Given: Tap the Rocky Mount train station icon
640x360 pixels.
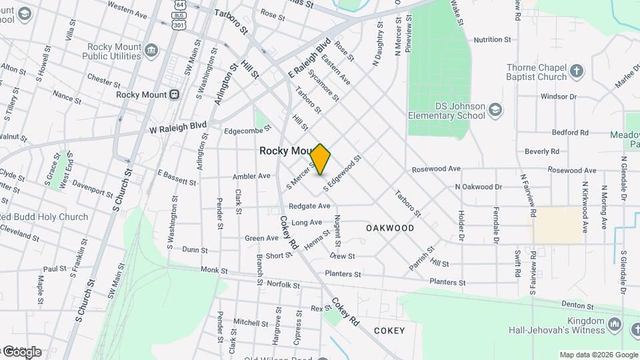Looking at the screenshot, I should pyautogui.click(x=175, y=95).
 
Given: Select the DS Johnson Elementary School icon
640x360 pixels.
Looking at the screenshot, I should pyautogui.click(x=495, y=109).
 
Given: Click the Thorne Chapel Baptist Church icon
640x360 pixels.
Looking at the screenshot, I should pyautogui.click(x=577, y=69).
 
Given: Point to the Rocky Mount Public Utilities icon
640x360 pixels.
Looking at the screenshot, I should pyautogui.click(x=151, y=49).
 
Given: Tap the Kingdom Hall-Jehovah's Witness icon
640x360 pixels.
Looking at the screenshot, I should pyautogui.click(x=615, y=325).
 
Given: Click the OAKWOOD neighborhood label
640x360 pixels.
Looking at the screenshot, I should pyautogui.click(x=390, y=228).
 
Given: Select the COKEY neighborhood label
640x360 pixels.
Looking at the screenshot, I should pyautogui.click(x=389, y=331).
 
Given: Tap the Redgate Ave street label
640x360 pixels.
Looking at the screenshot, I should pyautogui.click(x=309, y=207).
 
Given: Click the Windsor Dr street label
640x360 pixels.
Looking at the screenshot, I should pyautogui.click(x=558, y=97).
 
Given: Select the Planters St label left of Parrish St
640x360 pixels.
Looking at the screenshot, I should pyautogui.click(x=343, y=274).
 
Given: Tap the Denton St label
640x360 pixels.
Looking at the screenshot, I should pyautogui.click(x=577, y=306).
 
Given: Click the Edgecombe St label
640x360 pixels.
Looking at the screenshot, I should pyautogui.click(x=231, y=131).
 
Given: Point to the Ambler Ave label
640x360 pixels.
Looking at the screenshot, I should pyautogui.click(x=251, y=177).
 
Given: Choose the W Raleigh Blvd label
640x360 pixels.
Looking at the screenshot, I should pyautogui.click(x=178, y=127).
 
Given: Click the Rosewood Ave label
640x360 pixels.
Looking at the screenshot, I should pyautogui.click(x=436, y=169).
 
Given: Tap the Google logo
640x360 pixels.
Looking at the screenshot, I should pyautogui.click(x=21, y=351).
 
